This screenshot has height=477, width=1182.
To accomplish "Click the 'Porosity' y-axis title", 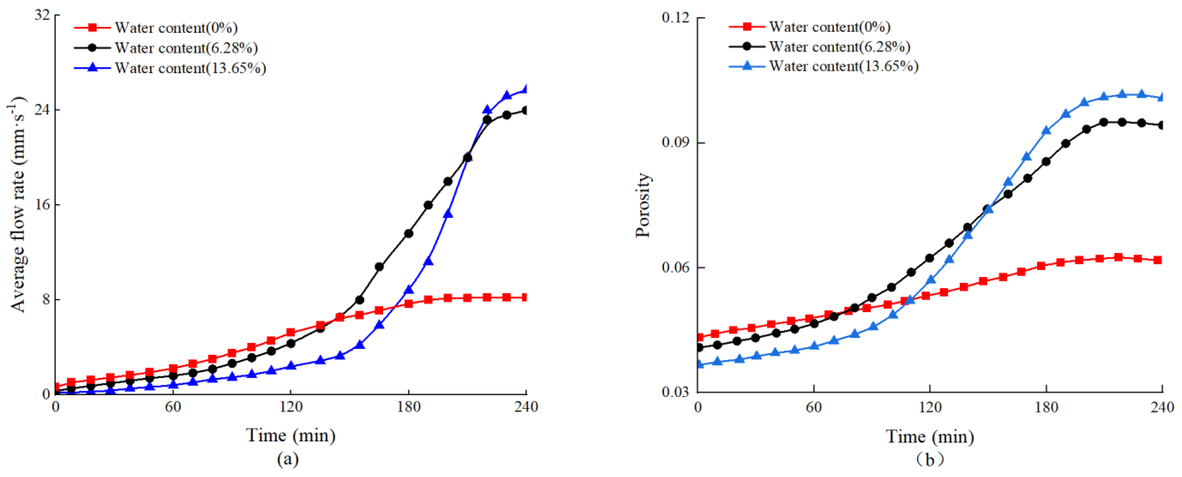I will (643, 205).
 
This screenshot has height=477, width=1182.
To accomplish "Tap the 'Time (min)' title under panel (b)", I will (930, 436).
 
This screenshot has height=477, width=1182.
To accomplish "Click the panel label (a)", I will (288, 459).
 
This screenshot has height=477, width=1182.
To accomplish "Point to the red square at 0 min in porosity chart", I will (699, 337).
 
